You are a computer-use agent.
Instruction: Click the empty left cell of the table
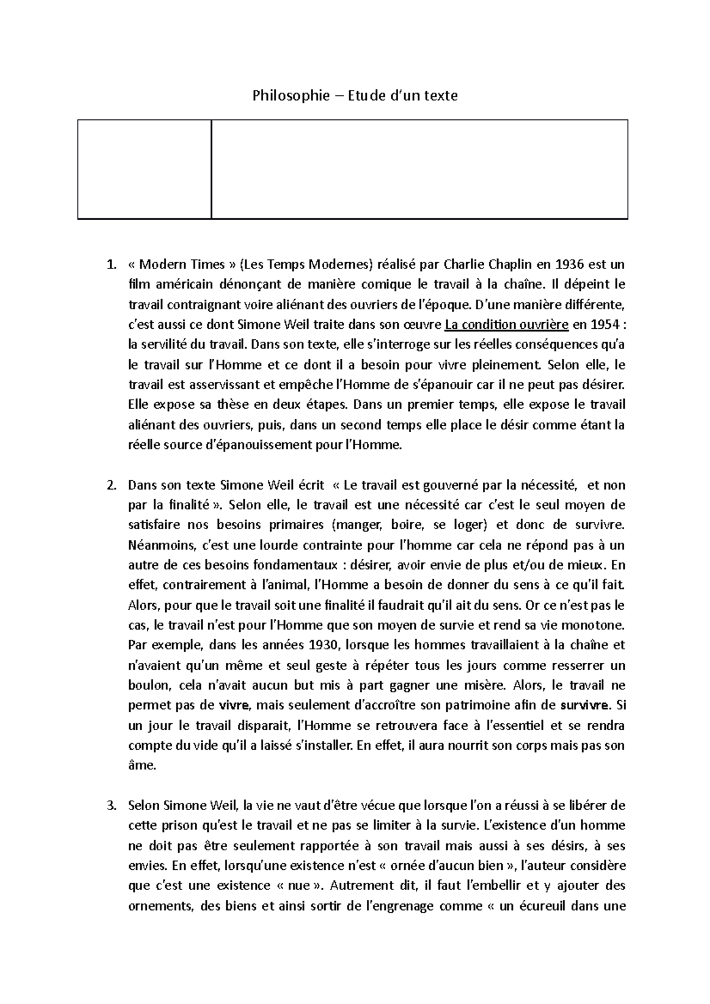[x=144, y=169]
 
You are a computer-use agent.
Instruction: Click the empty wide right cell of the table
[x=419, y=169]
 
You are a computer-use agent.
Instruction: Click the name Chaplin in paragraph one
[x=497, y=264]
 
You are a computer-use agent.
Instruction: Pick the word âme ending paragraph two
[x=141, y=766]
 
